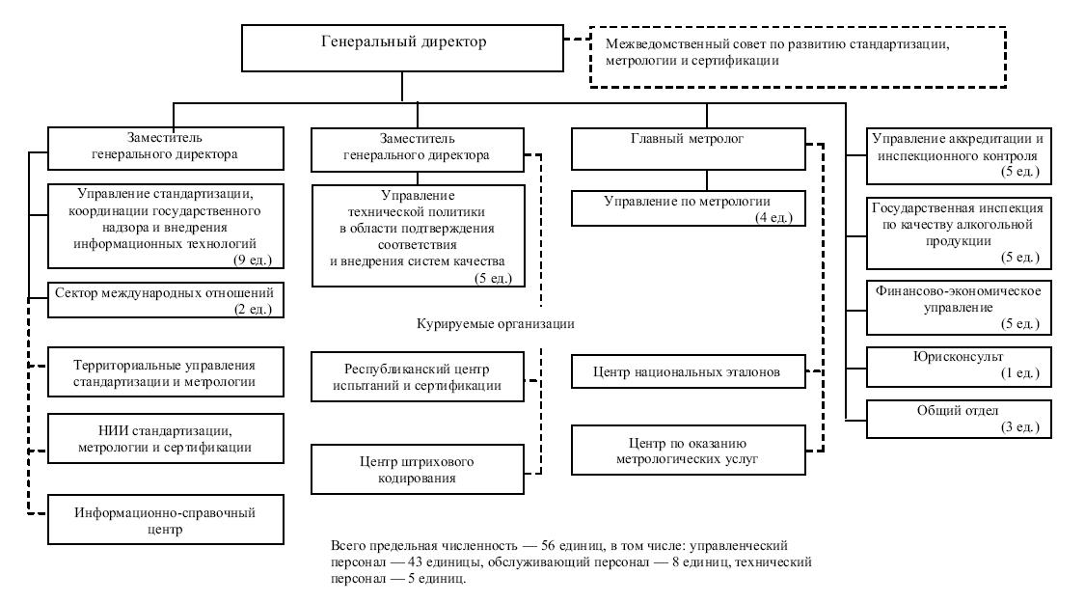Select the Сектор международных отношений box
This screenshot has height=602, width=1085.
tap(165, 299)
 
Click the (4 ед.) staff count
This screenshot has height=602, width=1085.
tap(782, 219)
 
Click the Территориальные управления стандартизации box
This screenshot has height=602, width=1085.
tap(165, 374)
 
